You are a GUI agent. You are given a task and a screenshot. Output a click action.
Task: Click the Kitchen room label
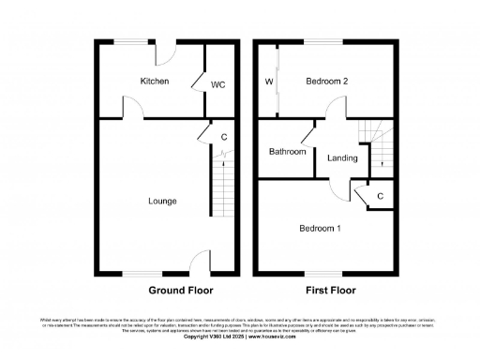155,82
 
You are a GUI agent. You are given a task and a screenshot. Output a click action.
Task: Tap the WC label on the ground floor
217,84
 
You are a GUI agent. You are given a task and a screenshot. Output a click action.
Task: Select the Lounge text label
162,201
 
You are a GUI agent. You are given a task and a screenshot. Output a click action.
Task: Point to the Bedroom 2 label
327,82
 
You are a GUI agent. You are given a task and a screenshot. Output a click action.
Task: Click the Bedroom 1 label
320,228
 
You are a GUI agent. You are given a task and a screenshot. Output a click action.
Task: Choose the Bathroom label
288,152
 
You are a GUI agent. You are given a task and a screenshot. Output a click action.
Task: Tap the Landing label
342,157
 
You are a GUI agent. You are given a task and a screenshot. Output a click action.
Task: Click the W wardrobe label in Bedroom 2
269,82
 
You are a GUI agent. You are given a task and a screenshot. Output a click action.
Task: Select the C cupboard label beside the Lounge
223,138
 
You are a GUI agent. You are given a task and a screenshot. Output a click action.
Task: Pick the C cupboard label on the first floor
380,196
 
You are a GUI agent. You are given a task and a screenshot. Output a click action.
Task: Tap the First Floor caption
329,291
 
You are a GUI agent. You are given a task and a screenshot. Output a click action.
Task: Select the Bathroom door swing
307,131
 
